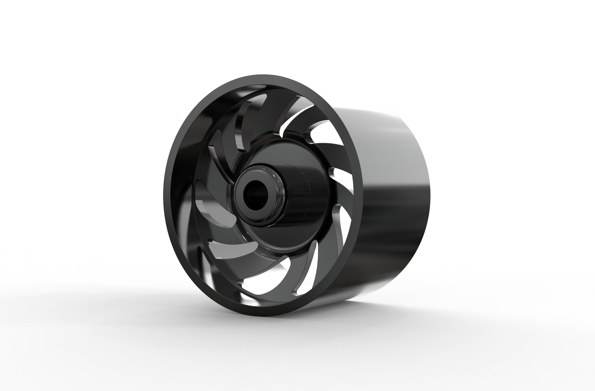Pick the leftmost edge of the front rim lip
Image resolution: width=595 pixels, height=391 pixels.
coord(165,196)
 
